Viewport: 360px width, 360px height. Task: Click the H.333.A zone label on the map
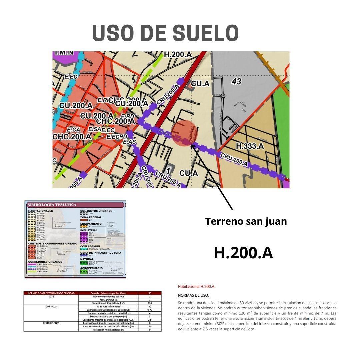(x=250, y=146)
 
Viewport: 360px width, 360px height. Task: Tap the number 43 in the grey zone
(x=236, y=81)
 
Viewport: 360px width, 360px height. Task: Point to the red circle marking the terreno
(x=185, y=133)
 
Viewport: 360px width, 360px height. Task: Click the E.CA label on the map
(x=73, y=129)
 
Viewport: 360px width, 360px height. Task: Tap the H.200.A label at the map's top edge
(x=178, y=54)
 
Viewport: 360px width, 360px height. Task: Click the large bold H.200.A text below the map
(x=243, y=253)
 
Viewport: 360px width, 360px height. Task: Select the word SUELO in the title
(x=206, y=33)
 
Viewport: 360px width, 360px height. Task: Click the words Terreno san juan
(x=246, y=221)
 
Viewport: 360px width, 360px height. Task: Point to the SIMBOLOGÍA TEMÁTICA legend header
(x=52, y=205)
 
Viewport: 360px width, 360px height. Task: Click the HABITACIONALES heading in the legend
(x=41, y=211)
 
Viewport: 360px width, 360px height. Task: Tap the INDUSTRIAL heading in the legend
(x=89, y=230)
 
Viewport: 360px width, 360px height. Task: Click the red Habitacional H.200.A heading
(x=196, y=286)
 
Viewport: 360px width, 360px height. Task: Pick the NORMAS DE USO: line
(x=194, y=295)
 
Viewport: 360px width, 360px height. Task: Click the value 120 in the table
(x=150, y=303)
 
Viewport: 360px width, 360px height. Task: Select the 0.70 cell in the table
(x=150, y=310)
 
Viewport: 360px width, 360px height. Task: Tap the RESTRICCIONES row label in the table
(x=51, y=323)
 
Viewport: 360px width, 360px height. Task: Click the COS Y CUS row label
(x=51, y=306)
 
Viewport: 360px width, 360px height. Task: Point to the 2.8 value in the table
(x=150, y=320)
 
